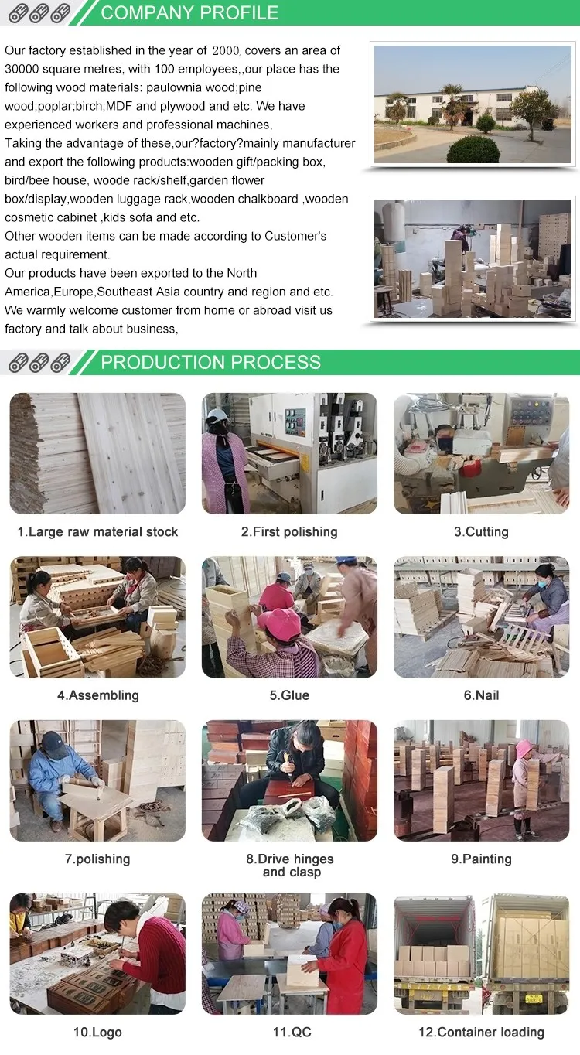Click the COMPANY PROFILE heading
pyautogui.click(x=189, y=12)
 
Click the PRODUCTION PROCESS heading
pyautogui.click(x=210, y=362)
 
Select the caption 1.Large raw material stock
pyautogui.click(x=97, y=532)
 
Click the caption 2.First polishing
pyautogui.click(x=289, y=532)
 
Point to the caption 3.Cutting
pyautogui.click(x=481, y=532)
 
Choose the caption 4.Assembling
pyautogui.click(x=97, y=695)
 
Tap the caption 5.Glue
pyautogui.click(x=289, y=695)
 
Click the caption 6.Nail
pyautogui.click(x=481, y=695)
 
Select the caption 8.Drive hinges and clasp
pyautogui.click(x=290, y=866)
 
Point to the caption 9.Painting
pyautogui.click(x=481, y=859)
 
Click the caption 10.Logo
pyautogui.click(x=97, y=1033)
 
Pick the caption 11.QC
pyautogui.click(x=289, y=1033)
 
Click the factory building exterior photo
pyautogui.click(x=472, y=104)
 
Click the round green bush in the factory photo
pyautogui.click(x=473, y=149)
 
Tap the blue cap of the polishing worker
pyautogui.click(x=55, y=743)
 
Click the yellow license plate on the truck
pyautogui.click(x=534, y=999)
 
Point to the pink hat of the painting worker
pyautogui.click(x=524, y=748)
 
